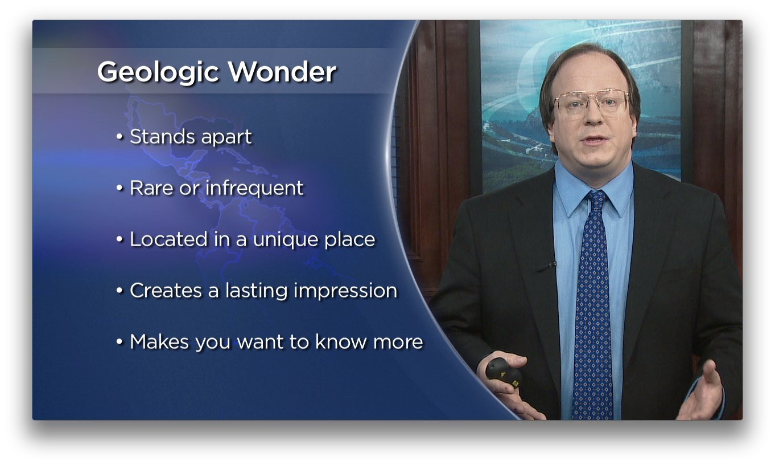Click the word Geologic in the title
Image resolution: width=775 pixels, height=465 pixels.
click(158, 72)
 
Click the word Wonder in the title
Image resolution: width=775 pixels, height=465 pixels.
click(282, 72)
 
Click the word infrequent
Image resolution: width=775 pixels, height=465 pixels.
click(254, 189)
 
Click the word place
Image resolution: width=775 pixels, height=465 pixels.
click(350, 240)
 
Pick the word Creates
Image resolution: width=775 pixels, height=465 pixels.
click(166, 291)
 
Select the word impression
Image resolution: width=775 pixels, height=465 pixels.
click(345, 291)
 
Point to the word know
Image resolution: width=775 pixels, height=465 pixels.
click(341, 342)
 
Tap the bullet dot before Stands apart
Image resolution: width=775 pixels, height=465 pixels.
click(119, 137)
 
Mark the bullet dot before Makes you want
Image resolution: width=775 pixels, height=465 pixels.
click(119, 342)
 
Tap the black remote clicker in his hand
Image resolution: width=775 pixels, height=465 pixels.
click(504, 374)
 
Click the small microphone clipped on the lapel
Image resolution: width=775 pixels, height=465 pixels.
click(547, 267)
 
